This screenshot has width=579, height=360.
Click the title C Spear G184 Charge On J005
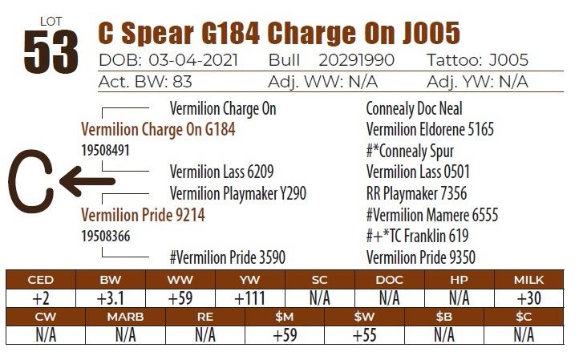click(x=278, y=33)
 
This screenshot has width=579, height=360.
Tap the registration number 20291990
click(x=355, y=61)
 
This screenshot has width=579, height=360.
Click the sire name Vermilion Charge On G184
click(x=158, y=129)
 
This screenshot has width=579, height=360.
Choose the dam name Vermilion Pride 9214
click(x=143, y=215)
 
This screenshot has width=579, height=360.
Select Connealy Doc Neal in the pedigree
click(x=414, y=108)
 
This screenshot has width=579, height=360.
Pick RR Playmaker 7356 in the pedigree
click(x=416, y=194)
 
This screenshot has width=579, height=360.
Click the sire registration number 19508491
click(x=105, y=150)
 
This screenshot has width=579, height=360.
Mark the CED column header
click(x=40, y=280)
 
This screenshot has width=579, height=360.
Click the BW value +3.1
click(x=110, y=298)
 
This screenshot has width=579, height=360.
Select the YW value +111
click(x=250, y=298)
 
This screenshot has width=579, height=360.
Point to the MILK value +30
click(x=530, y=298)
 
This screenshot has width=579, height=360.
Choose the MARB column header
click(x=125, y=317)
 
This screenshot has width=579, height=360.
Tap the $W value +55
click(x=364, y=335)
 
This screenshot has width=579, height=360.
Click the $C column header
click(x=524, y=317)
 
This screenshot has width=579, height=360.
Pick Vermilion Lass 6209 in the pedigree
click(x=221, y=172)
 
